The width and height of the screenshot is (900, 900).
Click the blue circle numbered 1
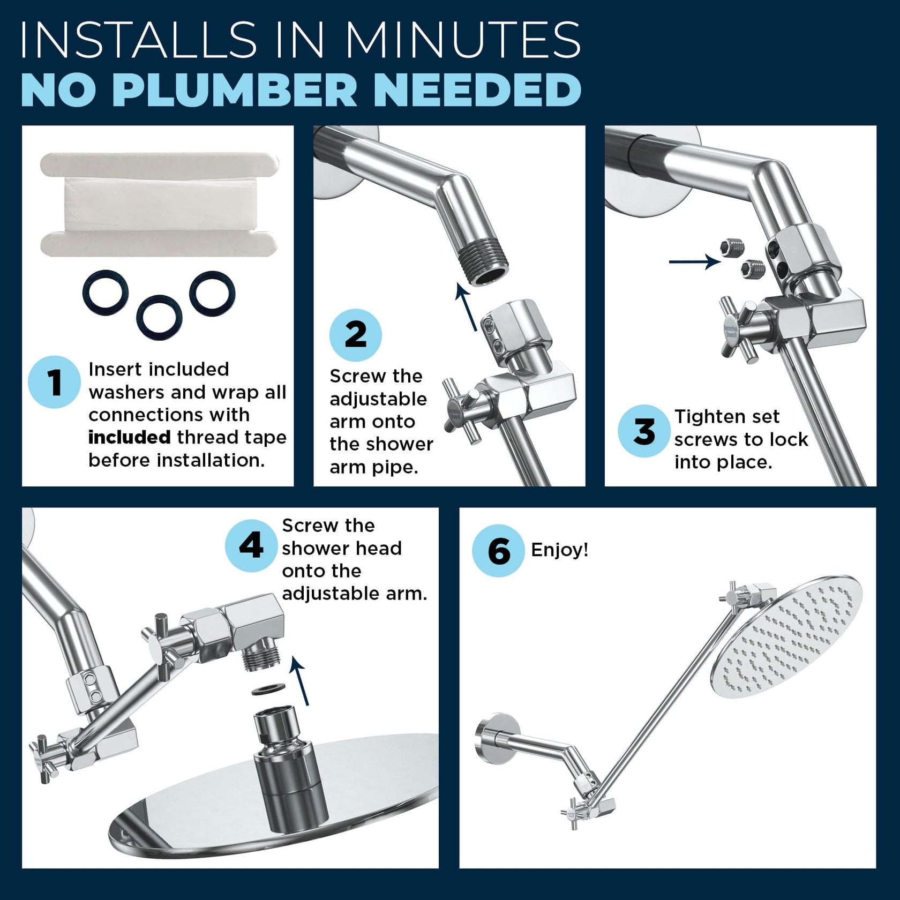pos(54,382)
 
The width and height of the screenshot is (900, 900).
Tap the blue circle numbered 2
pos(355,335)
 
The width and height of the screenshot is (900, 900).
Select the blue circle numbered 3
pos(644,431)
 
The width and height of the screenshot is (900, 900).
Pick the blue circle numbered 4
pos(251,546)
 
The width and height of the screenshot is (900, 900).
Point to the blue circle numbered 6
pos(498,551)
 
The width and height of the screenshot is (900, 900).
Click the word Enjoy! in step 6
pos(559,550)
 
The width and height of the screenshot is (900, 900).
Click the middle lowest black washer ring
pos(159,317)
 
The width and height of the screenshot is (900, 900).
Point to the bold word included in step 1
pos(129,438)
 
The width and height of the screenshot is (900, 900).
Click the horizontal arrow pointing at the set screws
pos(694,262)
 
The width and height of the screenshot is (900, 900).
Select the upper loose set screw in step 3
pos(732,247)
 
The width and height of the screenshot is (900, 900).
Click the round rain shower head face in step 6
pos(788,636)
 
